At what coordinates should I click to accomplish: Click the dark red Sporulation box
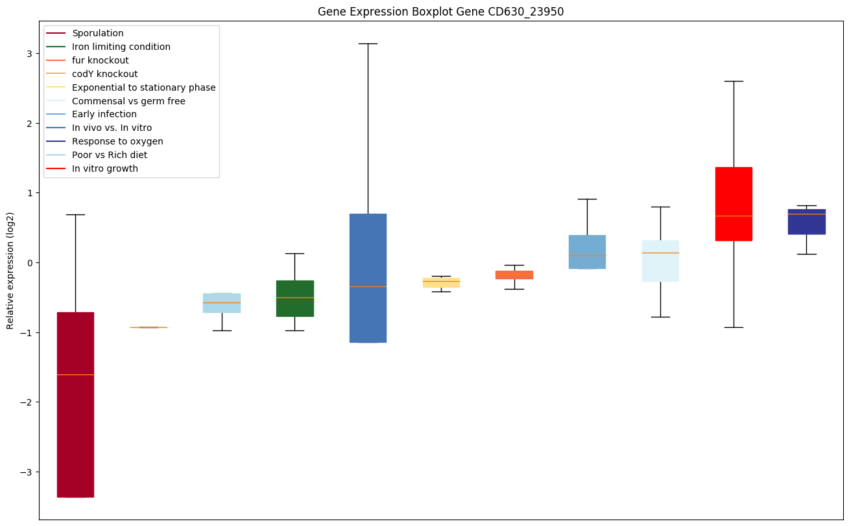(x=75, y=404)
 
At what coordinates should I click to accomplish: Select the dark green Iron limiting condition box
(x=294, y=298)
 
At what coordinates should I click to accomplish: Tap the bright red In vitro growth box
(x=733, y=203)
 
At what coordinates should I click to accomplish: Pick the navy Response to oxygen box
(x=806, y=222)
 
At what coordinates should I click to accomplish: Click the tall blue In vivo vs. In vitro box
(x=368, y=277)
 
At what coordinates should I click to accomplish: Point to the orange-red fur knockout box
(x=514, y=275)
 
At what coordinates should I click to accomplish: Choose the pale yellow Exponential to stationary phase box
(x=441, y=282)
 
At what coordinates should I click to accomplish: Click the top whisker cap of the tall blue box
(x=368, y=43)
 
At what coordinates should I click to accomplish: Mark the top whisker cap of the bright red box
(x=733, y=81)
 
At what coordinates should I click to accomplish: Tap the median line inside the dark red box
(x=75, y=374)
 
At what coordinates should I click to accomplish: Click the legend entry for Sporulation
(x=98, y=33)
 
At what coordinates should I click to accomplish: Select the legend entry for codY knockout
(x=104, y=74)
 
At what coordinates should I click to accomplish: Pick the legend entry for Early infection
(x=104, y=115)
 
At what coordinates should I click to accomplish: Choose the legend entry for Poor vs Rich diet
(x=110, y=155)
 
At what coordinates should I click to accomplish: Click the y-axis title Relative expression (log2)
(x=10, y=270)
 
